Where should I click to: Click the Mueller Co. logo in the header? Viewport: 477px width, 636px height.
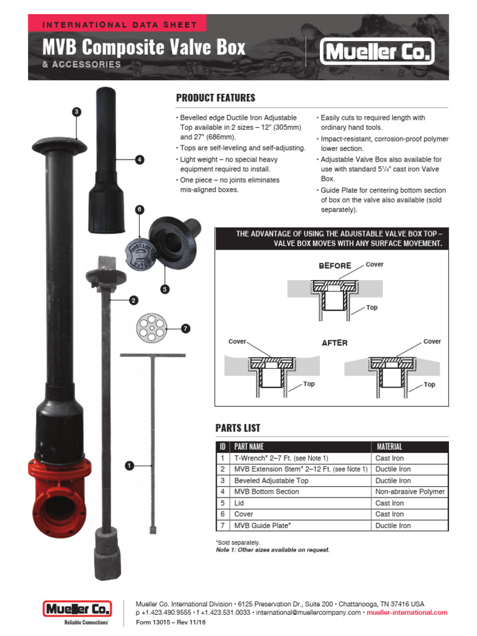(376, 52)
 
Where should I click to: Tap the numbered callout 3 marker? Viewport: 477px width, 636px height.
(76, 112)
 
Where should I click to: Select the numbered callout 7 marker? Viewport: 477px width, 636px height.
(185, 329)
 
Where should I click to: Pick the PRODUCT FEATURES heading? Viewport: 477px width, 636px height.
(216, 98)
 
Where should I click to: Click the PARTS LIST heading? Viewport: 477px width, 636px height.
(238, 428)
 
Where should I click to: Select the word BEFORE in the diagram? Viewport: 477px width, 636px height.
(335, 266)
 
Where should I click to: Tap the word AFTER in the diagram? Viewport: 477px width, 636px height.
(335, 343)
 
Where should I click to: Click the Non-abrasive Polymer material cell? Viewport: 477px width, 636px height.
(410, 491)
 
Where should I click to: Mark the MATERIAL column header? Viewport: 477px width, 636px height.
(389, 447)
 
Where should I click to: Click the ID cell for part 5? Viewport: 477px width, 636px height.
(222, 503)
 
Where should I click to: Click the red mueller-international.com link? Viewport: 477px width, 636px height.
(407, 612)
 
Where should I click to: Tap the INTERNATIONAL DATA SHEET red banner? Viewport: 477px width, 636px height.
(118, 25)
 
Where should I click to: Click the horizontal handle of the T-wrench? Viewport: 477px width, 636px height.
(153, 355)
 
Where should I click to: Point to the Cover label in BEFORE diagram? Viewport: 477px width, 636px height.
(375, 265)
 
